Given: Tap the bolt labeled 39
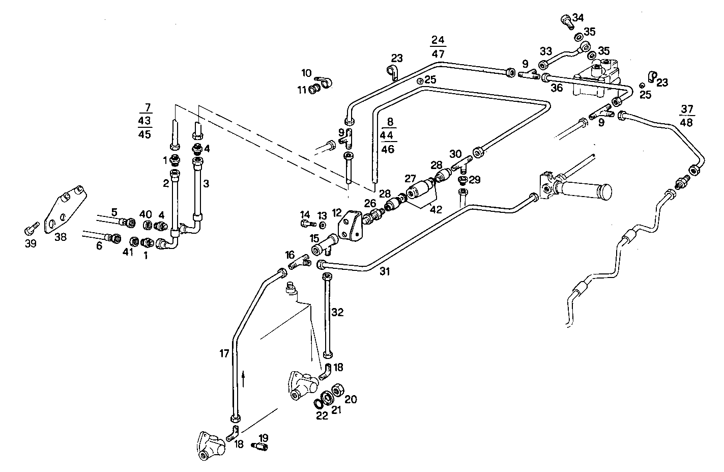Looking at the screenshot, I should coord(32,227).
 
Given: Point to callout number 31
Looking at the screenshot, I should coord(385,272).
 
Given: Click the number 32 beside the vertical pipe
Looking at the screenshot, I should coord(338,312).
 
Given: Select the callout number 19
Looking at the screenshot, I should coord(264,438).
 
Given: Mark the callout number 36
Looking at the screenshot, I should coord(557,88).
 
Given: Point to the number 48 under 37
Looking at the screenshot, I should coord(687,123).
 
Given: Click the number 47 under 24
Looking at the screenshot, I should coord(438,53).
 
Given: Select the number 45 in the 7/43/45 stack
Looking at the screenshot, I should coord(144,134).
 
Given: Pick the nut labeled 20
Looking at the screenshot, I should coord(336,391).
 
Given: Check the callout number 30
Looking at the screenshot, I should coord(455,153).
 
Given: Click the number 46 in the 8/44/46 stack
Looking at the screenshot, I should coord(388,149).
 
